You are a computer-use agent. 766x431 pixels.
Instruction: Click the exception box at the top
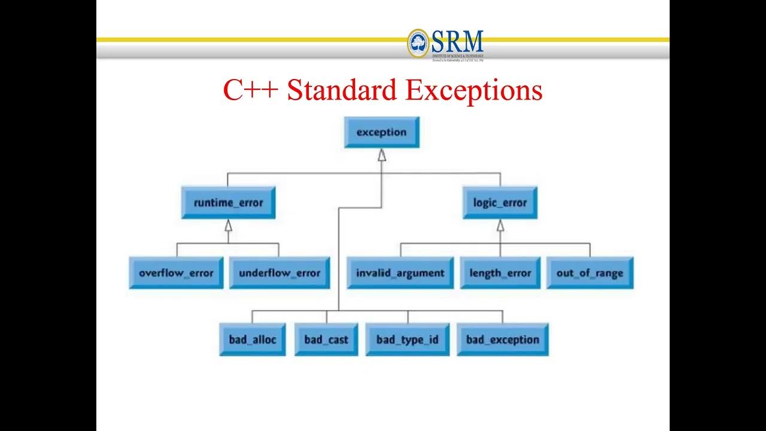pyautogui.click(x=381, y=132)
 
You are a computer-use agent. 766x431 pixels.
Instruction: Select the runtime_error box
pyautogui.click(x=228, y=203)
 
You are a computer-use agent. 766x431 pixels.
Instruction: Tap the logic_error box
pyautogui.click(x=500, y=203)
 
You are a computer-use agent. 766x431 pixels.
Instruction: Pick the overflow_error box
pyautogui.click(x=176, y=273)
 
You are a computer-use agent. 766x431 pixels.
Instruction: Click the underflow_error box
pyautogui.click(x=279, y=273)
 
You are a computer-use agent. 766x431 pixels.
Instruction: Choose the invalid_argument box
pyautogui.click(x=400, y=273)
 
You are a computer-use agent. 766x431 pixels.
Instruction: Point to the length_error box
pyautogui.click(x=500, y=273)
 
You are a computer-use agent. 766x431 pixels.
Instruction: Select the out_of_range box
pyautogui.click(x=589, y=273)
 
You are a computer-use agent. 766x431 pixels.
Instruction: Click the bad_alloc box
pyautogui.click(x=252, y=339)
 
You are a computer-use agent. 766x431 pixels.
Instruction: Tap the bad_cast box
pyautogui.click(x=326, y=339)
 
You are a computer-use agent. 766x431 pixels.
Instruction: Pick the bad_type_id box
pyautogui.click(x=407, y=339)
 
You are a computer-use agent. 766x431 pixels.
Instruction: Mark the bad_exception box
pyautogui.click(x=502, y=339)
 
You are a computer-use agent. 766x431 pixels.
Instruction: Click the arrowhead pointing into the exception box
pyautogui.click(x=382, y=155)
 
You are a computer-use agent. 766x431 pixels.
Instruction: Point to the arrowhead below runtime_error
pyautogui.click(x=228, y=226)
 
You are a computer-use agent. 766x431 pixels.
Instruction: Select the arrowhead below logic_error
pyautogui.click(x=500, y=226)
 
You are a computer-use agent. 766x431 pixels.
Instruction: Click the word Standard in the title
pyautogui.click(x=342, y=90)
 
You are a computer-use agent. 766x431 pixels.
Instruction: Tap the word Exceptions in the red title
pyautogui.click(x=473, y=90)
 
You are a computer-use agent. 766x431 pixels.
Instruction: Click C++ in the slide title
pyautogui.click(x=250, y=90)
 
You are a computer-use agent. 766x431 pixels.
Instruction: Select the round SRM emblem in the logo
pyautogui.click(x=418, y=43)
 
